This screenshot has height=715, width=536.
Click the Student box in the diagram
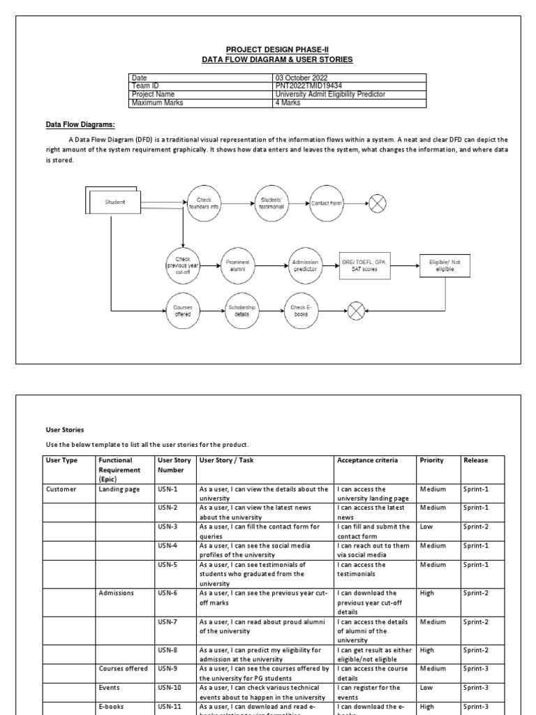pyautogui.click(x=114, y=202)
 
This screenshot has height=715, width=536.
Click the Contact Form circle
pyautogui.click(x=327, y=202)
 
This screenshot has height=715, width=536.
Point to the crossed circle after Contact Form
pyautogui.click(x=378, y=202)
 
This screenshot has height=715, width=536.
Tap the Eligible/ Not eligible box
pyautogui.click(x=445, y=265)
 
